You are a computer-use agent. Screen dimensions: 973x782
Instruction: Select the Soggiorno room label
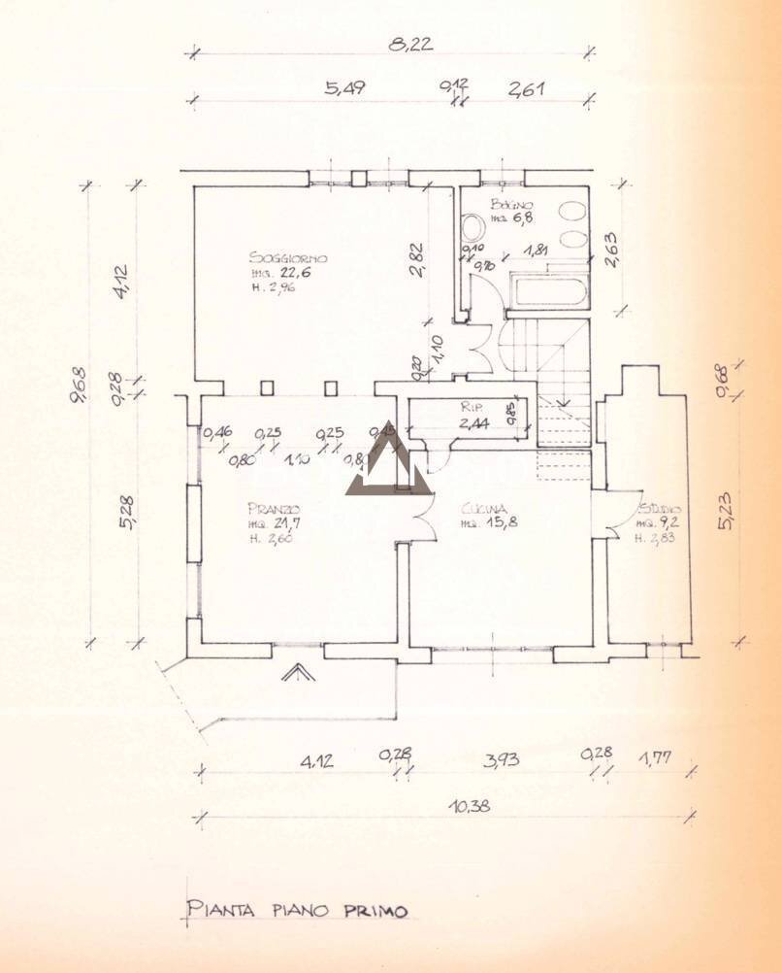coord(287,258)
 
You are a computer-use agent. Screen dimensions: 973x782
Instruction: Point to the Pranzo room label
coord(273,509)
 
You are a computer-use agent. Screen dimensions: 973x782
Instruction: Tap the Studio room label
coord(661,509)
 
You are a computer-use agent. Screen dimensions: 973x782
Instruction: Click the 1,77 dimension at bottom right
coord(656,757)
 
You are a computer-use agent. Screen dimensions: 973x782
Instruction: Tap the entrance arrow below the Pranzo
coord(299,673)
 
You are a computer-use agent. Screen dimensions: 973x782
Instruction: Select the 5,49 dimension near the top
coord(346,87)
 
